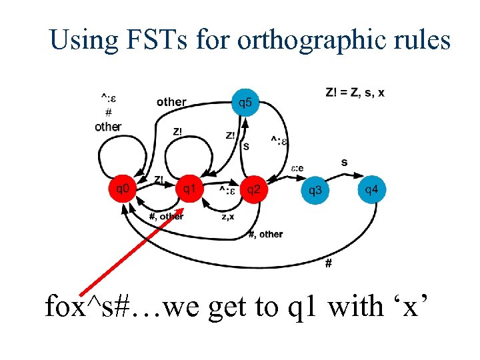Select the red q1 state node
(189, 189)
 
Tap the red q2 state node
(254, 189)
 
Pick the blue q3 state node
(315, 190)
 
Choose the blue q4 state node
(372, 189)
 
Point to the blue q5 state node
(245, 102)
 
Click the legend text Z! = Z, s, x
(355, 92)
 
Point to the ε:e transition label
(297, 167)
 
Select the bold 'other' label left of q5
(171, 102)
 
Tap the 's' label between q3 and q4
(344, 162)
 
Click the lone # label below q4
(328, 263)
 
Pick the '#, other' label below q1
(166, 216)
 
